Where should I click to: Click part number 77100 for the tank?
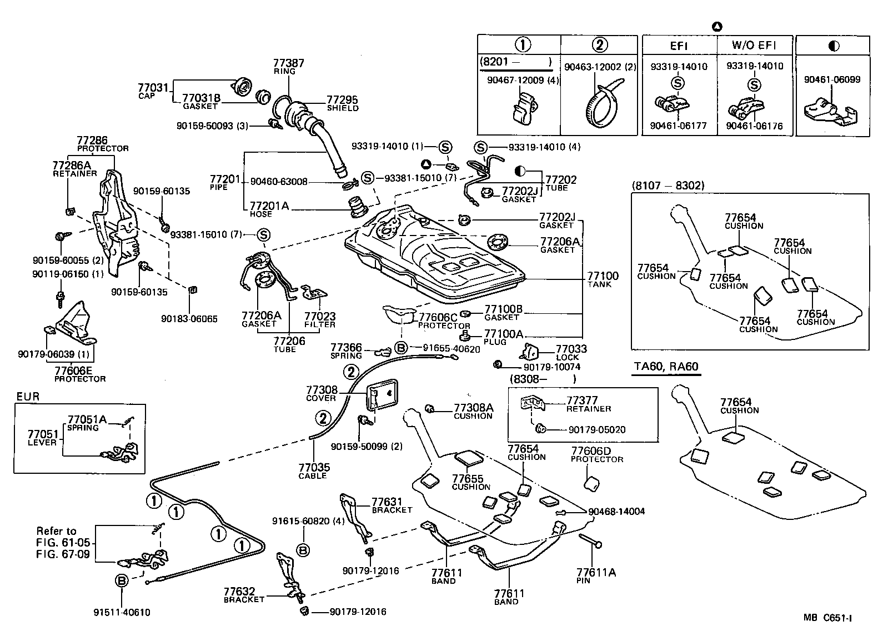[603, 276]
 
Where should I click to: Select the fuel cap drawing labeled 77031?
[242, 87]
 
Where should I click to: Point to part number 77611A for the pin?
[596, 573]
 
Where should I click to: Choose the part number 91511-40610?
[122, 613]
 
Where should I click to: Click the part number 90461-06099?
[832, 79]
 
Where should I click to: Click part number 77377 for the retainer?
[582, 400]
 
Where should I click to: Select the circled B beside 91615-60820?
[303, 550]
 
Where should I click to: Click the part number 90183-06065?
[189, 319]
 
